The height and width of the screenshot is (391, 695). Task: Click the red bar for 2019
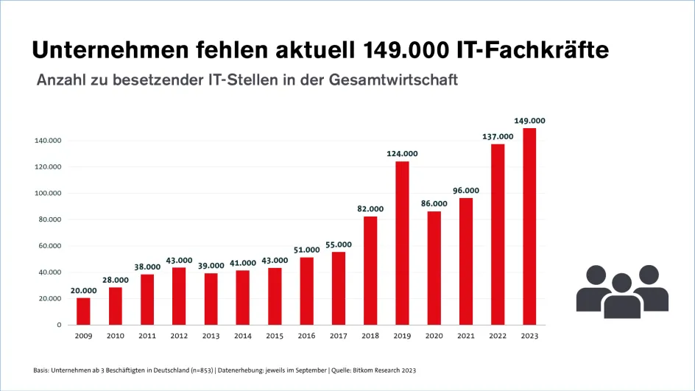(402, 243)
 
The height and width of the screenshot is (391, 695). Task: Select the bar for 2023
(529, 226)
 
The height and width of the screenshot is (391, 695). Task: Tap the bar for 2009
(83, 311)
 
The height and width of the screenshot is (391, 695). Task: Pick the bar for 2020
(434, 268)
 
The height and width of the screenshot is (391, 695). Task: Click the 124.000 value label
(402, 153)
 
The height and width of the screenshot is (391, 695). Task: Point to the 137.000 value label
(498, 136)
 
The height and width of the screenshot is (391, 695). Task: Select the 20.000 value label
(83, 290)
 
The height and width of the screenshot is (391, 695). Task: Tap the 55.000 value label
(338, 244)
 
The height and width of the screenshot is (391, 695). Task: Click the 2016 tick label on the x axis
(306, 337)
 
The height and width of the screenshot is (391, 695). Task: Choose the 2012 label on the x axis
(179, 337)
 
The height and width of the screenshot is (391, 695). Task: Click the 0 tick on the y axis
(59, 325)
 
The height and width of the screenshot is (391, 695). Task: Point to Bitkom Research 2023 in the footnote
(389, 369)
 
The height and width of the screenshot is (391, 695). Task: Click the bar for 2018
(370, 270)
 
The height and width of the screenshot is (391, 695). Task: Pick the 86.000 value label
(434, 203)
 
